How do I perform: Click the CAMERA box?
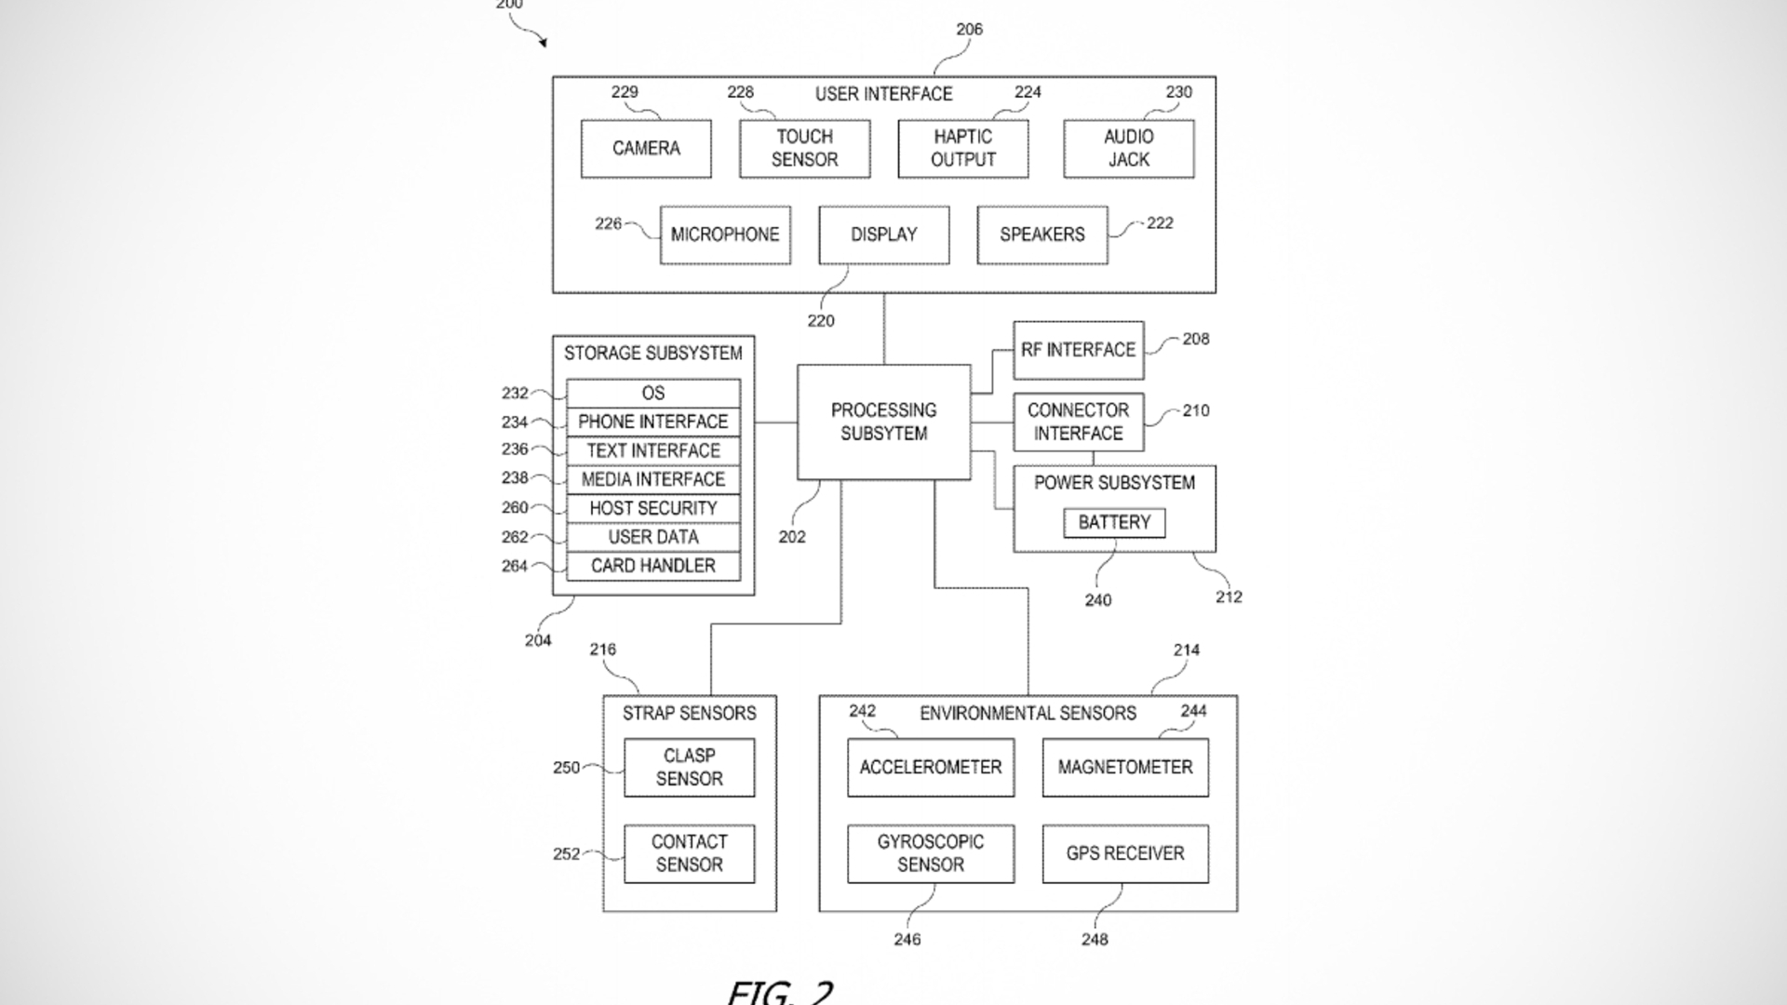646,149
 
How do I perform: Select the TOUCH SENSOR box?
804,149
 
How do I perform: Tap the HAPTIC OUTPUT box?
962,149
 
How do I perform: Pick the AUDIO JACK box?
1128,149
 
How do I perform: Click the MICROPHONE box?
725,235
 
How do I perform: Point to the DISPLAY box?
883,235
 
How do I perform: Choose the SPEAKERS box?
1041,235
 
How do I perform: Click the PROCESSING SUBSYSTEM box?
883,422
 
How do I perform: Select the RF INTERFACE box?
1078,351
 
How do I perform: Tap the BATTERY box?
1114,523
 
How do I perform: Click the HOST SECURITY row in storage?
653,509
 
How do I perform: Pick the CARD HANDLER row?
653,567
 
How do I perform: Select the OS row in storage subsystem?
653,394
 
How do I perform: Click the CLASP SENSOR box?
689,768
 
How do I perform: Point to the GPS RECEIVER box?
1125,854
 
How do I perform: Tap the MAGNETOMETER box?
1125,768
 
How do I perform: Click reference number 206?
969,30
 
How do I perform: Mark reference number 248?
1095,940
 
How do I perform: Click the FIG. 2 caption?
780,992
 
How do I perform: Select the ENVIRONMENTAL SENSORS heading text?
1028,714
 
